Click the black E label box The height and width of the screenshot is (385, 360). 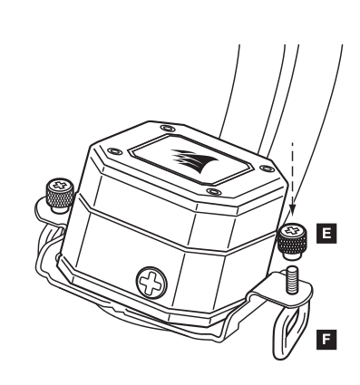pyautogui.click(x=326, y=234)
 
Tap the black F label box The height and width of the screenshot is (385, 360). pyautogui.click(x=326, y=340)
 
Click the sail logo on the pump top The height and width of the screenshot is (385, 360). pyautogui.click(x=194, y=160)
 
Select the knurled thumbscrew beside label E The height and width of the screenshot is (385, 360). pyautogui.click(x=292, y=241)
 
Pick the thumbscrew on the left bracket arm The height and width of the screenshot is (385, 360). pyautogui.click(x=60, y=196)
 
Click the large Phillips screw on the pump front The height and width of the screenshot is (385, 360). pyautogui.click(x=151, y=283)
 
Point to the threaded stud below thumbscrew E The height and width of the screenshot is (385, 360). pyautogui.click(x=292, y=279)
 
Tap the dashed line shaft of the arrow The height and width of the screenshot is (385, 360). pyautogui.click(x=292, y=174)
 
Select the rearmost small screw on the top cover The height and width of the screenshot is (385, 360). pyautogui.click(x=168, y=129)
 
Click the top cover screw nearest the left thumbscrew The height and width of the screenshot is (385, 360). pyautogui.click(x=115, y=150)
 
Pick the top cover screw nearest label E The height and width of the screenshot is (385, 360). pyautogui.click(x=267, y=168)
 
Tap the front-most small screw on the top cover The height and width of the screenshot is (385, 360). pyautogui.click(x=214, y=191)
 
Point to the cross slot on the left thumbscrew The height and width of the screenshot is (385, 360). pyautogui.click(x=61, y=185)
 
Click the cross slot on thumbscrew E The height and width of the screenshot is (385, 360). pyautogui.click(x=292, y=230)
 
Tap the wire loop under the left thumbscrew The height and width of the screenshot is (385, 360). pyautogui.click(x=50, y=238)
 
